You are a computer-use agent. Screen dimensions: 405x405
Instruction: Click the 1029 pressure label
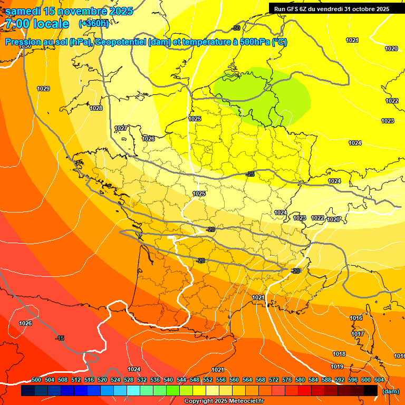[43, 89]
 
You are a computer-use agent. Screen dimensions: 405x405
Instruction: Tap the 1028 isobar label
[96, 108]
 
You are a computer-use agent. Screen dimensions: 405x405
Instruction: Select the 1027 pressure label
[121, 128]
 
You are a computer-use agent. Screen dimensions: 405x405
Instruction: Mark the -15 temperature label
[60, 338]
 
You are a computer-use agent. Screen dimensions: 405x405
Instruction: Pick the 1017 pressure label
[358, 334]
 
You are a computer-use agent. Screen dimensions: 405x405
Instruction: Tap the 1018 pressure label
[339, 354]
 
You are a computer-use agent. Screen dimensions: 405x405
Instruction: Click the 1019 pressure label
[337, 367]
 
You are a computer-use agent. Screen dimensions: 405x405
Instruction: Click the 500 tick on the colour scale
[36, 380]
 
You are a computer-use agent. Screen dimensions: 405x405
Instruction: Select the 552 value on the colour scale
[208, 380]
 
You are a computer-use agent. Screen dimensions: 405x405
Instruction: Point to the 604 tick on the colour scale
[379, 380]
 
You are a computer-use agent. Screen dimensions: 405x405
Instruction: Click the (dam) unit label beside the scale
[390, 391]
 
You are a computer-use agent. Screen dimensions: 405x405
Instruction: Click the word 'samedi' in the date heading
[22, 11]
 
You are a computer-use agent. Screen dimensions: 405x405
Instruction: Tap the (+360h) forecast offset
[94, 23]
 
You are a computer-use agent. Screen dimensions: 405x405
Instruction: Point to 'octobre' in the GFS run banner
[361, 8]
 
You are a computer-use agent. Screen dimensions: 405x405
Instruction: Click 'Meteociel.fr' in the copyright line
[243, 401]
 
